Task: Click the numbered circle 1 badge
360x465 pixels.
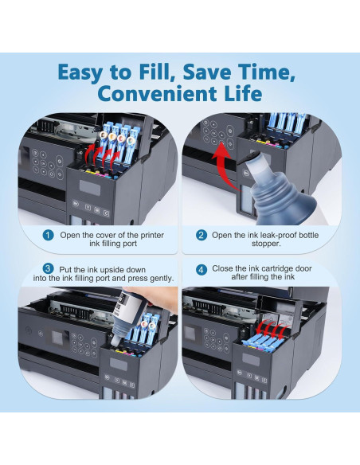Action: click(48, 236)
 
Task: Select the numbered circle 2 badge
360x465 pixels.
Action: click(202, 236)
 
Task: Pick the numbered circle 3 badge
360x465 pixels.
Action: click(48, 269)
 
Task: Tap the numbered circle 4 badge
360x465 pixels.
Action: click(202, 270)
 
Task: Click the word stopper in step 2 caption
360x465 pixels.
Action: click(266, 244)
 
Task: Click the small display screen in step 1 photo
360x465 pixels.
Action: click(89, 187)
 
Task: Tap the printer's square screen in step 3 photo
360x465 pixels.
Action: click(59, 338)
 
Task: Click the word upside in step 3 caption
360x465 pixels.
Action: click(112, 270)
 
